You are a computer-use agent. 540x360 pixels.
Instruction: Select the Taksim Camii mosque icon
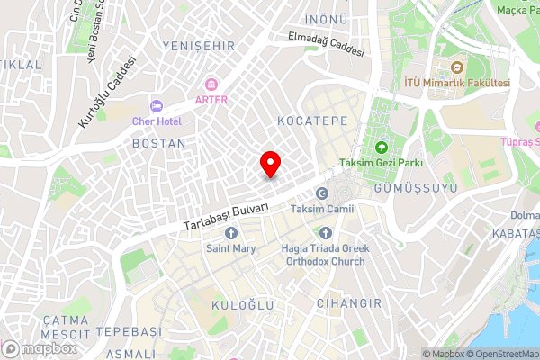(x=322, y=193)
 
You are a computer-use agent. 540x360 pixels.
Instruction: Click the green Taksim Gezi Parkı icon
(x=381, y=147)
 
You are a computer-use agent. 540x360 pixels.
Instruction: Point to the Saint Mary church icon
(x=230, y=233)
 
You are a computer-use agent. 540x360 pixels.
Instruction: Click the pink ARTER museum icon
(x=211, y=84)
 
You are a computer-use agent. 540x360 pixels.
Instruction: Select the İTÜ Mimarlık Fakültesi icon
(x=456, y=67)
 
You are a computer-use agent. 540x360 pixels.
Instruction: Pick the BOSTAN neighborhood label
(x=158, y=143)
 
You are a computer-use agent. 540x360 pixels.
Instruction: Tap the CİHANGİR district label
(x=349, y=303)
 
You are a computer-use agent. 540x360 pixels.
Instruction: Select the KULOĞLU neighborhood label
(x=242, y=306)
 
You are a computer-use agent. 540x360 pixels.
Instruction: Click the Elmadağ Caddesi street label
(x=326, y=44)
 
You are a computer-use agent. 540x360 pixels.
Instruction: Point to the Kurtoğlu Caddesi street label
(x=106, y=92)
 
